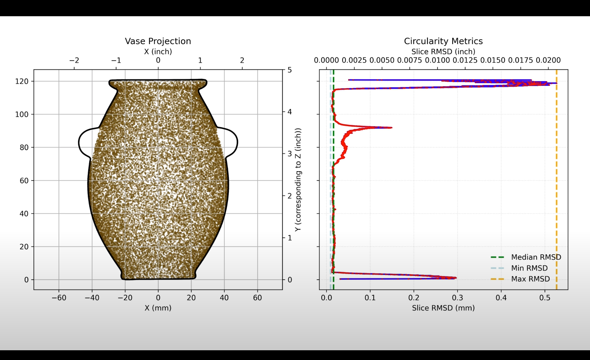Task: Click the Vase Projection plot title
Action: coord(158,41)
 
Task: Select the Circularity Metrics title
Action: coord(443,41)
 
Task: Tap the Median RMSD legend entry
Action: coord(536,257)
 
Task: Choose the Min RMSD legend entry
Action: coord(529,268)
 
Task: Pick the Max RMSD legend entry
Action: coord(530,279)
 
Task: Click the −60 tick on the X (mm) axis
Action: coord(58,298)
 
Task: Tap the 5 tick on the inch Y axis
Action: coord(290,70)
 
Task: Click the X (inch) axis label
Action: coord(158,52)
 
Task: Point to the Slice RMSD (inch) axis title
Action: coord(443,52)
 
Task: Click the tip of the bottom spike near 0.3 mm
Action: coord(455,278)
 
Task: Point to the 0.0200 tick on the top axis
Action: coord(548,61)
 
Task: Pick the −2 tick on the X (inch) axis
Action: coord(74,61)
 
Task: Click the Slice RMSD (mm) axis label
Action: coord(443,308)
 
